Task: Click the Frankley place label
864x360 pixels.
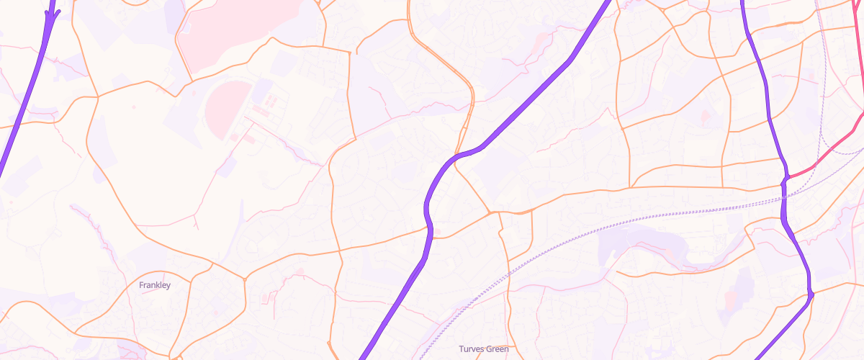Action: pyautogui.click(x=155, y=285)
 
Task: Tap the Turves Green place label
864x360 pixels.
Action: pyautogui.click(x=484, y=349)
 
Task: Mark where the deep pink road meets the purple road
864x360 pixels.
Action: pyautogui.click(x=786, y=177)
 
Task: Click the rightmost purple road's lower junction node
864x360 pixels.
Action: pyautogui.click(x=811, y=293)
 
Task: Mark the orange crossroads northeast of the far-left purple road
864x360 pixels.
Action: pyautogui.click(x=96, y=96)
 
